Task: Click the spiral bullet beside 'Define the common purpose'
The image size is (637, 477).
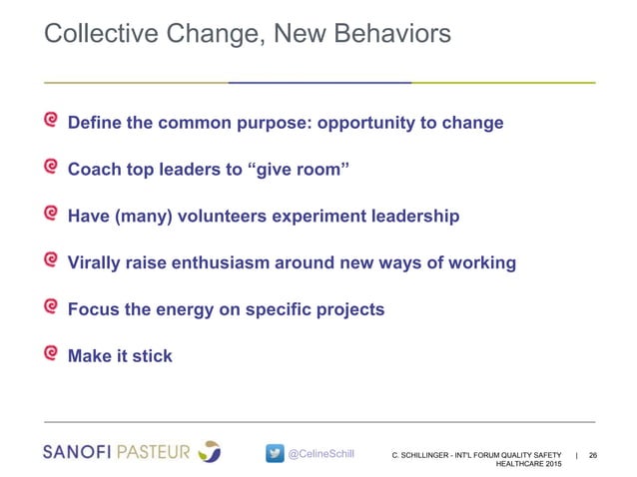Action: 51,122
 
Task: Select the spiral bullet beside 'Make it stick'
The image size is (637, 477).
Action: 51,354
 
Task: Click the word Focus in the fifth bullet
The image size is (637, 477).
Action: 93,309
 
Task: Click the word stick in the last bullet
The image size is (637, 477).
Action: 152,356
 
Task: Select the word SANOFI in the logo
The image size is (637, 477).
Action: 80,452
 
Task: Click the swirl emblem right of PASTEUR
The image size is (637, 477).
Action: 210,451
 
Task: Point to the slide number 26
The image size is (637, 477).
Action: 594,455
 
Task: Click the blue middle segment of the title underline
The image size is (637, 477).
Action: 319,82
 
